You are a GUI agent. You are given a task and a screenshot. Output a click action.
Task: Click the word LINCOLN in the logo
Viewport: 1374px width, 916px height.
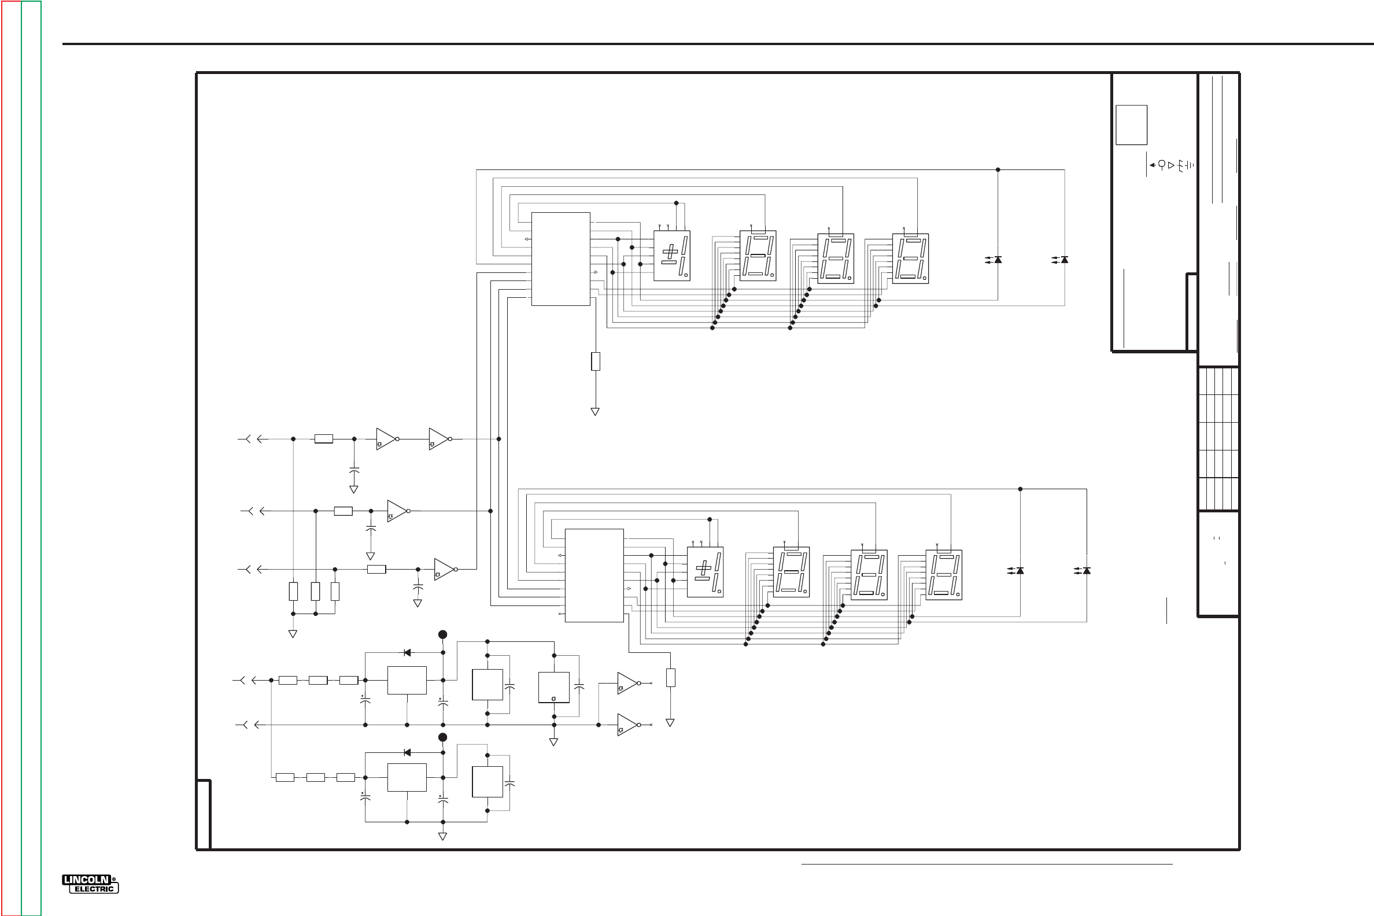pos(86,880)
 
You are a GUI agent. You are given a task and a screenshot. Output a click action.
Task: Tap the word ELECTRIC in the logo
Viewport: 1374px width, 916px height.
pos(94,889)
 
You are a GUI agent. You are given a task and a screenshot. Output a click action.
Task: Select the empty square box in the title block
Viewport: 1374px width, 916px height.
pos(1131,125)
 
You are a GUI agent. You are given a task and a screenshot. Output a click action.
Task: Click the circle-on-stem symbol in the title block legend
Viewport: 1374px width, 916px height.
pos(1161,165)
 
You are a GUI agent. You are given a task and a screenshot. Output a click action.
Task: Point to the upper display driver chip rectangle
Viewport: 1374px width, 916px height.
pos(560,259)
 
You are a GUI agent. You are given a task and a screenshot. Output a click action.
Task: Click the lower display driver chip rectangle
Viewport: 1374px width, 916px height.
pos(593,575)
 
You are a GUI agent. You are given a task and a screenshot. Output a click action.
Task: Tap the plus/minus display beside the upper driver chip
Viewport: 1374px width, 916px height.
pos(671,255)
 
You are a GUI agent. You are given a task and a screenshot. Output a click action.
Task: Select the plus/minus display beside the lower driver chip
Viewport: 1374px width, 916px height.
pos(705,572)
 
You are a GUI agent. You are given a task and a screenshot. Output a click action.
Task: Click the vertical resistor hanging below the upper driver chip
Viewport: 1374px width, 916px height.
pos(595,361)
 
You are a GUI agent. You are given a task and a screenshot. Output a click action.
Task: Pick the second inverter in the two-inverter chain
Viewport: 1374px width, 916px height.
pos(439,439)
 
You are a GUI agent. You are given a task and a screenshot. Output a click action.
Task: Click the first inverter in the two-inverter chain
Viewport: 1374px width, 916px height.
pos(386,439)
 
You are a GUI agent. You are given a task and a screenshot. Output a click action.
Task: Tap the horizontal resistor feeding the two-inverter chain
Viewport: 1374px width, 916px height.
pos(324,439)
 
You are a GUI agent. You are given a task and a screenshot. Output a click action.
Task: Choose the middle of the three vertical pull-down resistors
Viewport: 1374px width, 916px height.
pos(316,591)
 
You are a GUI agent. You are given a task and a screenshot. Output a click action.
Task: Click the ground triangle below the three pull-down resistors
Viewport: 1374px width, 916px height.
pos(293,634)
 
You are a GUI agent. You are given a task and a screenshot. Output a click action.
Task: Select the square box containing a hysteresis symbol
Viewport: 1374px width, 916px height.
pos(553,687)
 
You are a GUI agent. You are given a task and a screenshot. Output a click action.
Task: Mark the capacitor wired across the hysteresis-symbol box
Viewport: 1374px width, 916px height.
pos(579,687)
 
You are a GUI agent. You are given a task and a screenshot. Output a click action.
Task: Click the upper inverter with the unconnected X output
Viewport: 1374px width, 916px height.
pos(627,683)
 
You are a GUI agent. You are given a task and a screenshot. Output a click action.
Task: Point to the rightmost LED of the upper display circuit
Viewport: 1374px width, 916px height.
pos(1065,260)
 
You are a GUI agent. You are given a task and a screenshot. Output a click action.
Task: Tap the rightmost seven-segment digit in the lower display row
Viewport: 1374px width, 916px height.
pos(943,575)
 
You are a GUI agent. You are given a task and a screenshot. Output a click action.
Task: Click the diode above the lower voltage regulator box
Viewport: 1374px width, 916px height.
pos(407,752)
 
